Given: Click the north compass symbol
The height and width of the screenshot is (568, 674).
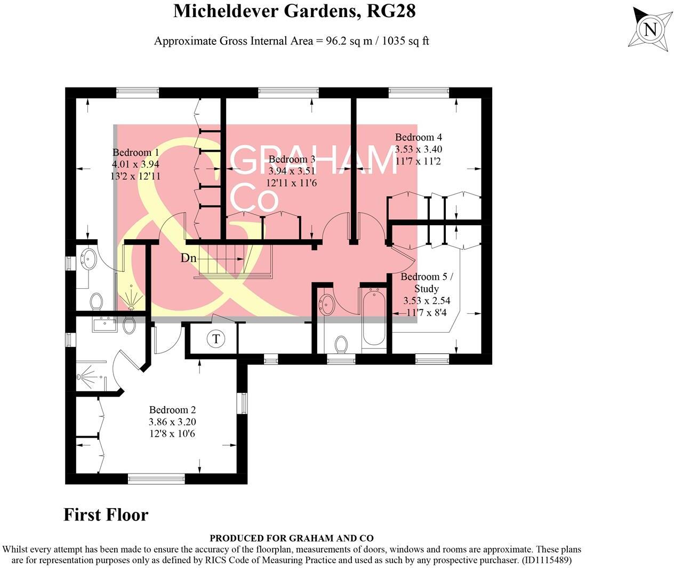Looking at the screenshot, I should click(649, 29).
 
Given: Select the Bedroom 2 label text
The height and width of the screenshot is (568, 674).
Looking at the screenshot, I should click(172, 410).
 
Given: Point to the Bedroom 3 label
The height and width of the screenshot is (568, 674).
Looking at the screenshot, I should click(292, 160).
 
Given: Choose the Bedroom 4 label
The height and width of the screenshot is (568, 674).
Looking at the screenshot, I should click(418, 138).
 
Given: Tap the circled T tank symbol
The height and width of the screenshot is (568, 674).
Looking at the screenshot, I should click(216, 339).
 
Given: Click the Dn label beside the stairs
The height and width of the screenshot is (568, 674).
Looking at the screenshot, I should click(188, 258).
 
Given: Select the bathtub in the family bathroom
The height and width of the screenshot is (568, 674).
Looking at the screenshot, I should click(373, 318).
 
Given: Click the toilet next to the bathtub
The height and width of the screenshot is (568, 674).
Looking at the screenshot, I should click(341, 344).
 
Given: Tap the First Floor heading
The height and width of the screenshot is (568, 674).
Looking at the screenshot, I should click(106, 515).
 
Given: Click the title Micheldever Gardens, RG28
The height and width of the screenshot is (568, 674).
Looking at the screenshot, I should click(294, 11).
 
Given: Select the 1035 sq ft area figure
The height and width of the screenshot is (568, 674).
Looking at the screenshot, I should click(406, 41).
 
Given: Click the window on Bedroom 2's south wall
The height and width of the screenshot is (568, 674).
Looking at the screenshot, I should click(156, 479).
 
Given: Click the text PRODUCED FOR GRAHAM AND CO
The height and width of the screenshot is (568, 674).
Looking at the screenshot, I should click(291, 538).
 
